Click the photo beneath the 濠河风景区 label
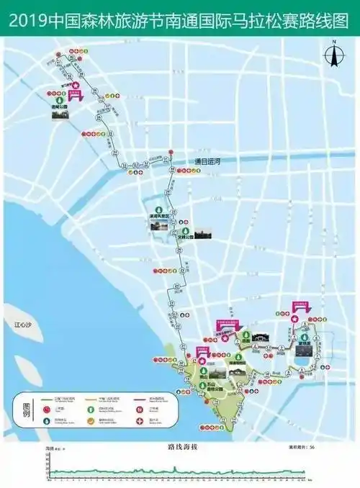[x=158, y=226]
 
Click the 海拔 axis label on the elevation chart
[x=50, y=448]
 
